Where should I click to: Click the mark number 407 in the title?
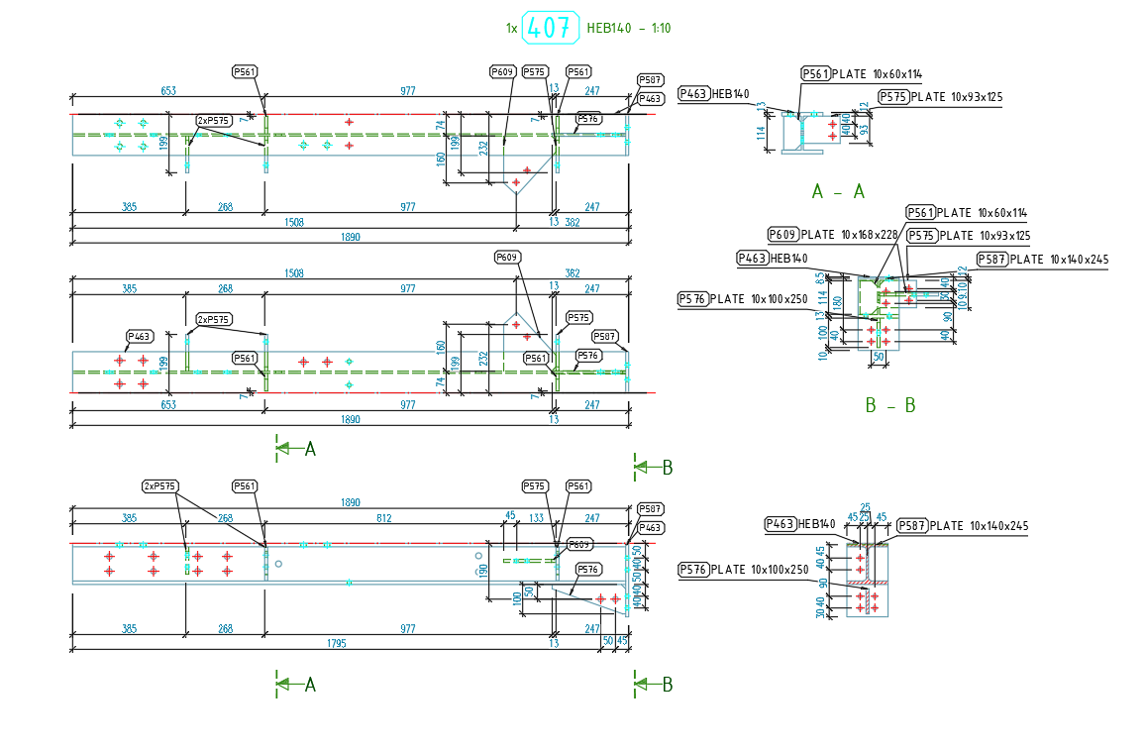(549, 28)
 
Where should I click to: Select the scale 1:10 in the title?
(655, 29)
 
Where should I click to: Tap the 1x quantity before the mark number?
(511, 29)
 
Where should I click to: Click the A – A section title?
(837, 192)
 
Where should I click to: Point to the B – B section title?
(889, 405)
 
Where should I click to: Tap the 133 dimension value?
(536, 518)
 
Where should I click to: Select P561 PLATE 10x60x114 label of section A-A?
(862, 73)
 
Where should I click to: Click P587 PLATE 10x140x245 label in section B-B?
(1042, 260)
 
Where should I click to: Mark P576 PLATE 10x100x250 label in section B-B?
(743, 298)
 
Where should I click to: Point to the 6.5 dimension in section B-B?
(847, 278)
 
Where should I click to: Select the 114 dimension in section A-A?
(761, 134)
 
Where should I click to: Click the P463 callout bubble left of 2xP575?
(140, 336)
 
